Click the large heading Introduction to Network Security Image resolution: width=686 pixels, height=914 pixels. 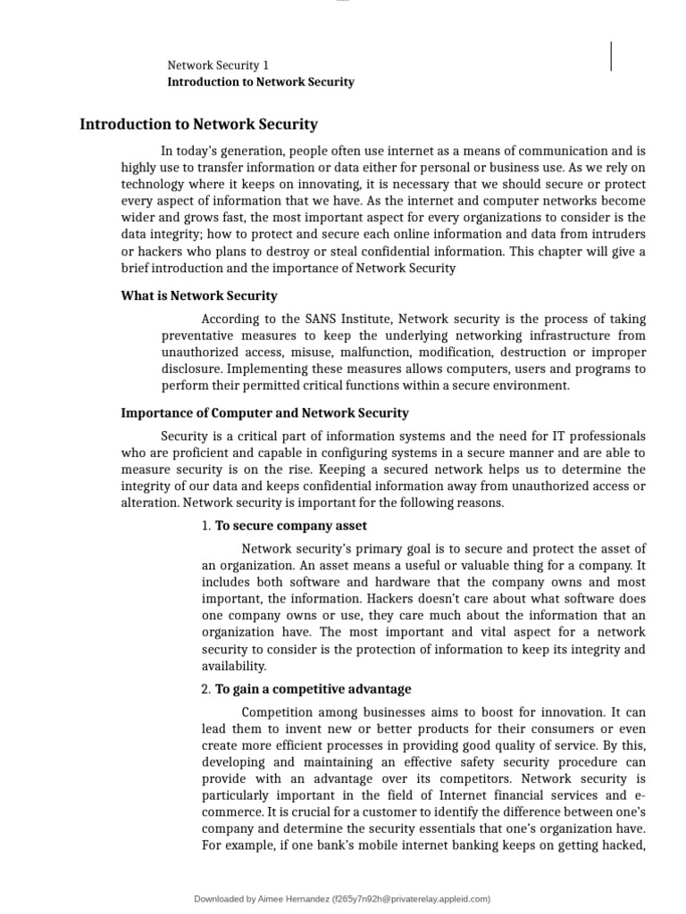[x=198, y=125]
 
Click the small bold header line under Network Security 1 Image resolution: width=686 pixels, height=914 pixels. [x=261, y=82]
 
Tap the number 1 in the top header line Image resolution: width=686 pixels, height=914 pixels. [x=265, y=65]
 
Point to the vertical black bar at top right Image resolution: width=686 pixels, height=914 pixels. [x=611, y=55]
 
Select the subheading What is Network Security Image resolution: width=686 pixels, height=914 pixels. [x=199, y=295]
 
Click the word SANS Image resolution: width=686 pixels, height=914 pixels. [x=322, y=320]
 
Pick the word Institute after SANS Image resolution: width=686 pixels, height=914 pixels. [x=366, y=320]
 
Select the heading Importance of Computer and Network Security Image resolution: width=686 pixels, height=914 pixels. [x=264, y=413]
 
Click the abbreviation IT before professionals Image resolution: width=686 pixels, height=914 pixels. [x=556, y=436]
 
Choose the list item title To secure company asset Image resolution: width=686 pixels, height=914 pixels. [x=291, y=526]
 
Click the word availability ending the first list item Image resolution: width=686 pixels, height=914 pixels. [x=234, y=667]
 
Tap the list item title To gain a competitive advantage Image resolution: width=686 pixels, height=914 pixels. [x=313, y=689]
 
